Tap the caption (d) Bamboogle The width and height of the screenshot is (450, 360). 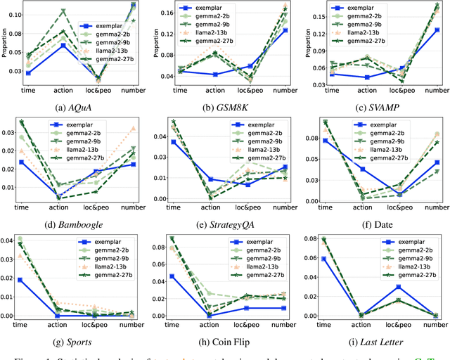coord(83,225)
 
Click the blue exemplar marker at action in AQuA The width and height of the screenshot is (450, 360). coord(64,45)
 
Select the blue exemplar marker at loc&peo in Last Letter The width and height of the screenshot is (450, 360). coord(398,287)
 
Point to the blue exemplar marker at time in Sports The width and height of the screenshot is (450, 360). coord(28,280)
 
